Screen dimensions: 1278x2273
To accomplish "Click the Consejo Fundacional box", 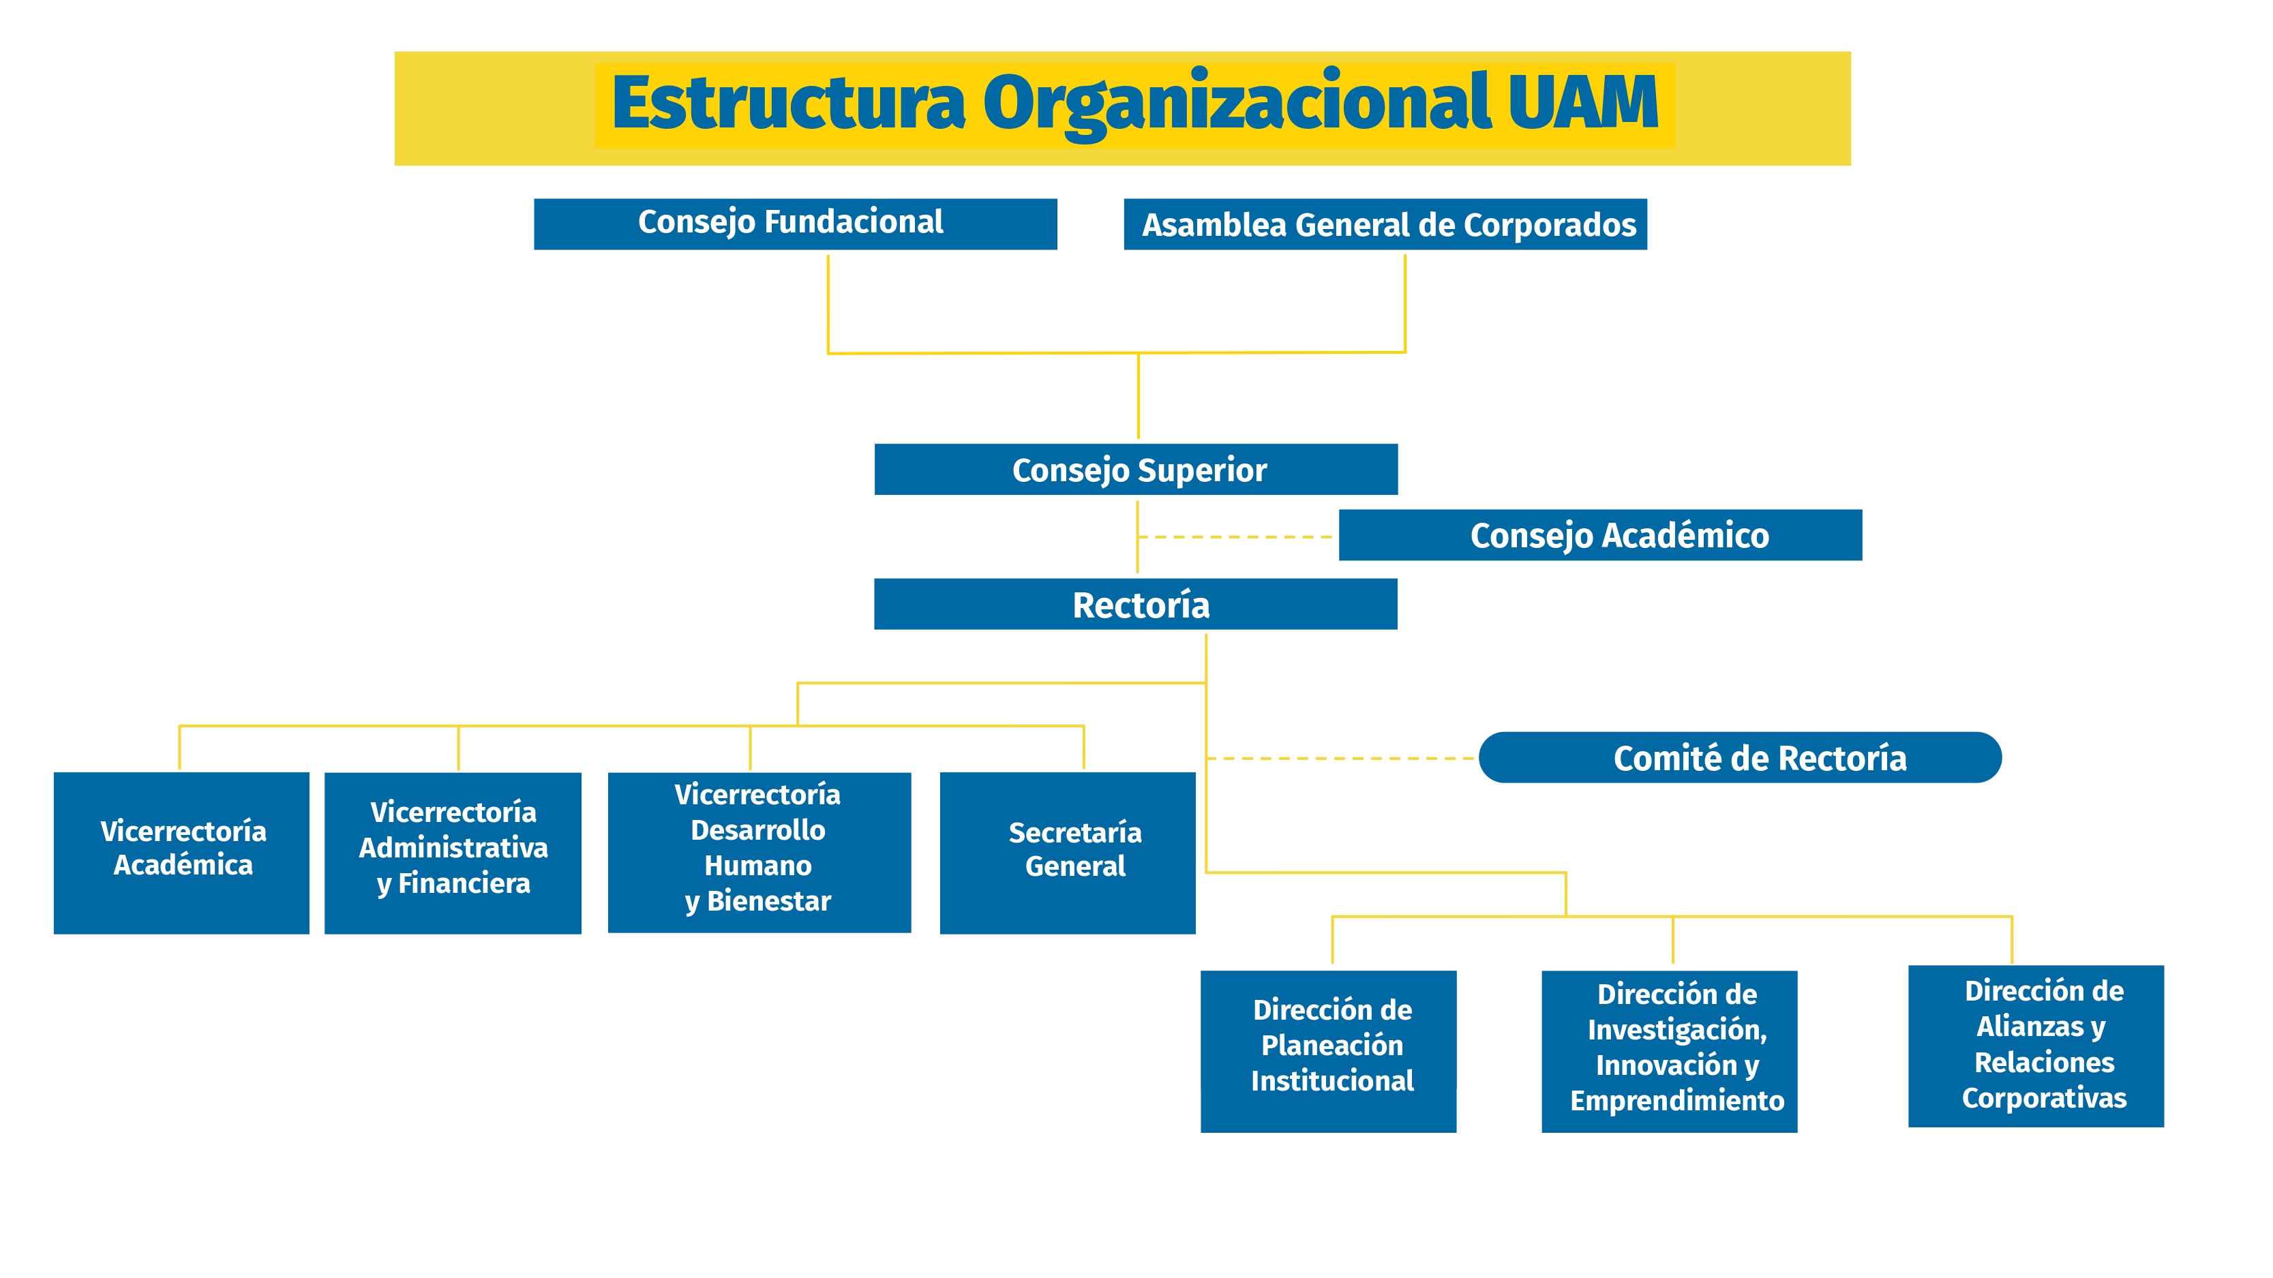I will pyautogui.click(x=795, y=224).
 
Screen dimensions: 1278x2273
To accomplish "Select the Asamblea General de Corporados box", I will pyautogui.click(x=1385, y=225).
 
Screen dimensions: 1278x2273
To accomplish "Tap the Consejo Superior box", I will pyautogui.click(x=1136, y=469).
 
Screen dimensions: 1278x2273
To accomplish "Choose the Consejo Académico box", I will pyautogui.click(x=1599, y=535).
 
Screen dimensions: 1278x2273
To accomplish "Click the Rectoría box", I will pyautogui.click(x=1136, y=604).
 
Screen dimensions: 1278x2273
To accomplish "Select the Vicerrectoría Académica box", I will pyautogui.click(x=182, y=853).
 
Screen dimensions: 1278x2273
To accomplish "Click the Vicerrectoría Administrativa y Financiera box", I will pyautogui.click(x=453, y=853).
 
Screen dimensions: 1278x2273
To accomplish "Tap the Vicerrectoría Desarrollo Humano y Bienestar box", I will pyautogui.click(x=759, y=852).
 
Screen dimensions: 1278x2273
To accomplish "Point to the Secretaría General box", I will pyautogui.click(x=1068, y=853).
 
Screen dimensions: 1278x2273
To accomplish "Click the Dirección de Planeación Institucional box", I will pyautogui.click(x=1328, y=1051).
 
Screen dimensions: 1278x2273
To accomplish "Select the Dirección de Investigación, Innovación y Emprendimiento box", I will pyautogui.click(x=1668, y=1051).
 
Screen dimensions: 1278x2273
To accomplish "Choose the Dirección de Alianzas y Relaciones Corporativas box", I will pyautogui.click(x=2036, y=1046).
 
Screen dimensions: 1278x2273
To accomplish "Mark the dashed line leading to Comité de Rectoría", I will pyautogui.click(x=1341, y=759).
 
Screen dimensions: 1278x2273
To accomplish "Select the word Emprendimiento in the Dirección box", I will pyautogui.click(x=1676, y=1101).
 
